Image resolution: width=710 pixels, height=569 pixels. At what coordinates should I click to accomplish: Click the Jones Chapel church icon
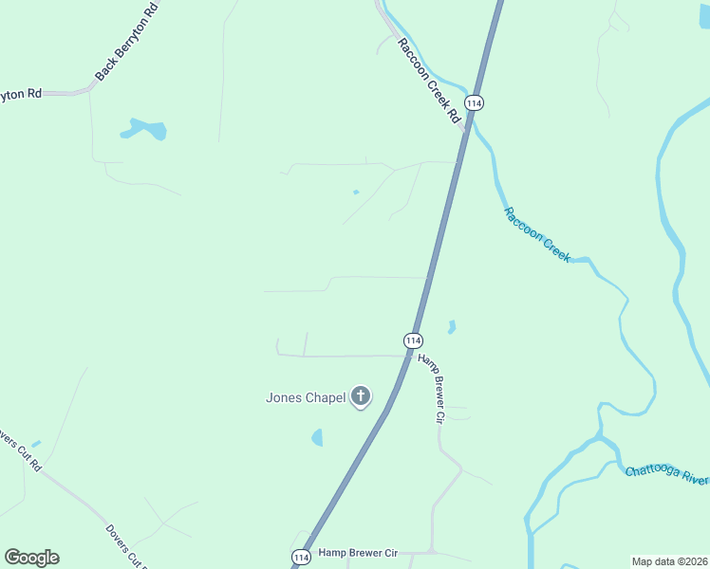[361, 396]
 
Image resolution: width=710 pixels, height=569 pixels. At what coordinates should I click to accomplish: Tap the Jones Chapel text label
[304, 398]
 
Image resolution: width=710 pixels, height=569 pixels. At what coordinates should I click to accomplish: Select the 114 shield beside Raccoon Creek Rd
[475, 102]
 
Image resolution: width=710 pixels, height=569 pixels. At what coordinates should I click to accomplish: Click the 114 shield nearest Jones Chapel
[413, 340]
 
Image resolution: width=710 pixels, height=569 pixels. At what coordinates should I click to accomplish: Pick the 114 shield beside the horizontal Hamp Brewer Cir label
[300, 556]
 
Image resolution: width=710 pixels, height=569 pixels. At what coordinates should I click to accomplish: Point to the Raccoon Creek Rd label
[428, 83]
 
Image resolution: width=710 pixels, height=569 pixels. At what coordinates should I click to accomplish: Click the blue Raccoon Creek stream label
[537, 234]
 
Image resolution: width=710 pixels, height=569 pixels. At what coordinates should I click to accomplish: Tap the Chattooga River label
[666, 474]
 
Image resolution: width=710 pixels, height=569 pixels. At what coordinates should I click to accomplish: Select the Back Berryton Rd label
[125, 43]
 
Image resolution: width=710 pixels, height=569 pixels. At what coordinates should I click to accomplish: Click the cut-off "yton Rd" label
[21, 94]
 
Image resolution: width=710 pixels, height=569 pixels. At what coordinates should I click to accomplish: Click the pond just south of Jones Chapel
[317, 437]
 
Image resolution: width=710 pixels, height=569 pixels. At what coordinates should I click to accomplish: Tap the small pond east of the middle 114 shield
[452, 327]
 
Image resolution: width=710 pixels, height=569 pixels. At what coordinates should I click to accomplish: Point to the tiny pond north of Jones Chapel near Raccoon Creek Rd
[356, 193]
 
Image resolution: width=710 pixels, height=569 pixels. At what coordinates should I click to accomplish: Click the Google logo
[31, 558]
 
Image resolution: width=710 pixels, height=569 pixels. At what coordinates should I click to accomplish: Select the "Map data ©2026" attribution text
[670, 561]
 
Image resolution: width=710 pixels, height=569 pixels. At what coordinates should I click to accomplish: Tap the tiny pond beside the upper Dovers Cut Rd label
[36, 443]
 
